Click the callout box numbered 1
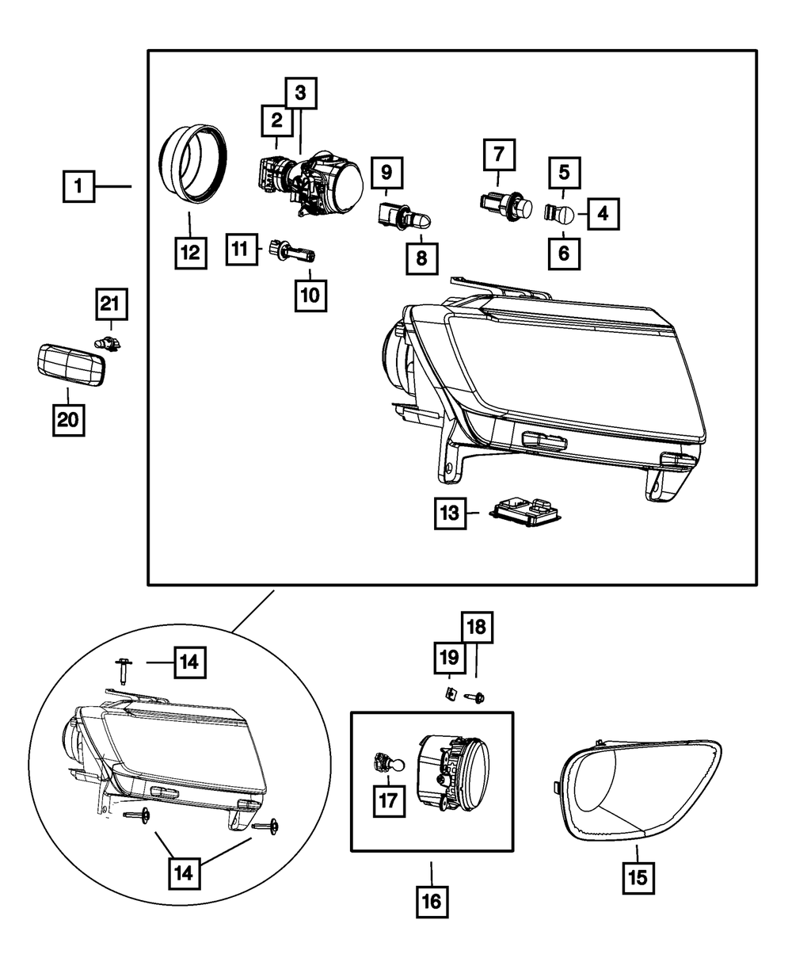(79, 187)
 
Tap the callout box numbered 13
(450, 513)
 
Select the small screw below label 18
(476, 698)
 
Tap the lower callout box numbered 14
(184, 874)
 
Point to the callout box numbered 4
(603, 213)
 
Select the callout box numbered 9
(386, 171)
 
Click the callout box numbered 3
(300, 94)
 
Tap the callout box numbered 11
(241, 249)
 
